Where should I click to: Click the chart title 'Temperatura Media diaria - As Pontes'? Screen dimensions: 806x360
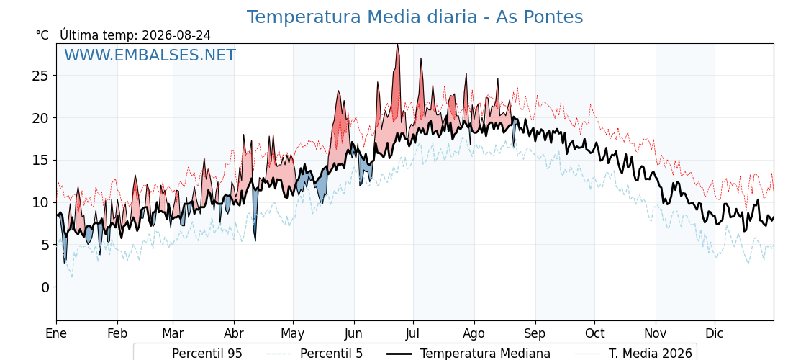point(415,17)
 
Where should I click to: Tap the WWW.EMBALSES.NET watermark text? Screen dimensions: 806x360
point(150,55)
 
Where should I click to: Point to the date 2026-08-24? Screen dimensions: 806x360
point(176,35)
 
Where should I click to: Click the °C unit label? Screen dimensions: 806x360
point(42,35)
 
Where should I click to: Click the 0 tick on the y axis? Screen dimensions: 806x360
point(46,287)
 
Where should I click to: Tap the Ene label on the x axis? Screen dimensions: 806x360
point(56,334)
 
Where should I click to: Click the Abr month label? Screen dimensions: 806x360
point(234,334)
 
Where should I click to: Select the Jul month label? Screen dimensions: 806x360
point(413,334)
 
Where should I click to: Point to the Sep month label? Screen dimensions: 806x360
point(535,334)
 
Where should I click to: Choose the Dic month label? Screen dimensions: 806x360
point(715,334)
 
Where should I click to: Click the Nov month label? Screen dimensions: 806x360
point(656,334)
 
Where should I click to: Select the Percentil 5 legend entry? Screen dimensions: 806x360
point(315,354)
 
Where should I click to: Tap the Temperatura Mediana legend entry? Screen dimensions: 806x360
point(468,354)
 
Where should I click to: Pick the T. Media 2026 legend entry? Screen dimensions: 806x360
point(634,354)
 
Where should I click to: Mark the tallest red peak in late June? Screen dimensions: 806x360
point(397,45)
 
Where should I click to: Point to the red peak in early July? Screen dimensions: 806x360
point(421,59)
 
